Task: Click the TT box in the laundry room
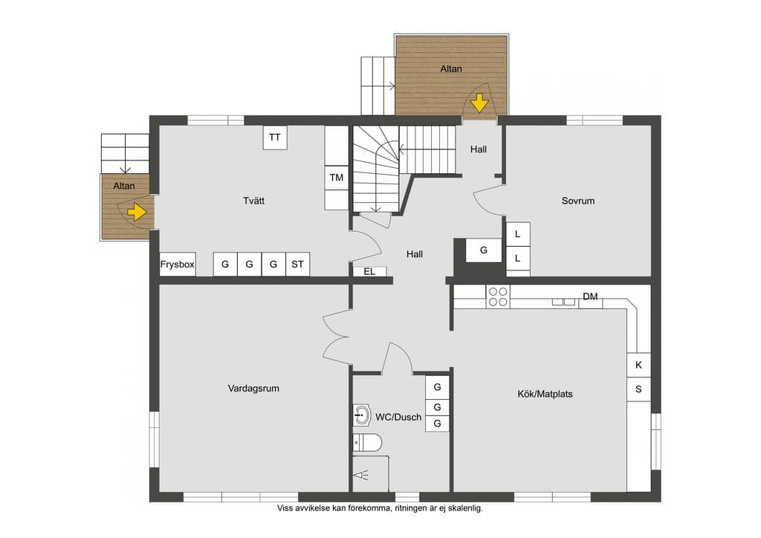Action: tap(275, 137)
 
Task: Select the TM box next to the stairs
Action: tap(337, 178)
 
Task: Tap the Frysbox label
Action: tap(177, 265)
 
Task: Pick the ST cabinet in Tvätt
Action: tap(297, 265)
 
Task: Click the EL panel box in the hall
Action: tap(369, 272)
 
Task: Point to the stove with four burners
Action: tap(498, 297)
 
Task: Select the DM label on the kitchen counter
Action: tap(590, 296)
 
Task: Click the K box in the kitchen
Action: tap(638, 365)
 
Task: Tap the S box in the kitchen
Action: tap(638, 389)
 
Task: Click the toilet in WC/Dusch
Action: tap(367, 443)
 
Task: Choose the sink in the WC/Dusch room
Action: tap(362, 415)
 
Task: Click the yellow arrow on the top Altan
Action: tap(479, 103)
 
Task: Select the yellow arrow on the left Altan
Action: tap(137, 213)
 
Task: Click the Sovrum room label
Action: tap(578, 201)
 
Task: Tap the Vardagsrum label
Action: tap(253, 388)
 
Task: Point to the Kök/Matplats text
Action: tap(545, 394)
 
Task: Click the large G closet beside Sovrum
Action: tap(484, 250)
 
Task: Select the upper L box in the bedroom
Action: tap(518, 234)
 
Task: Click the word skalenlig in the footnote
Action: tap(465, 508)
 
